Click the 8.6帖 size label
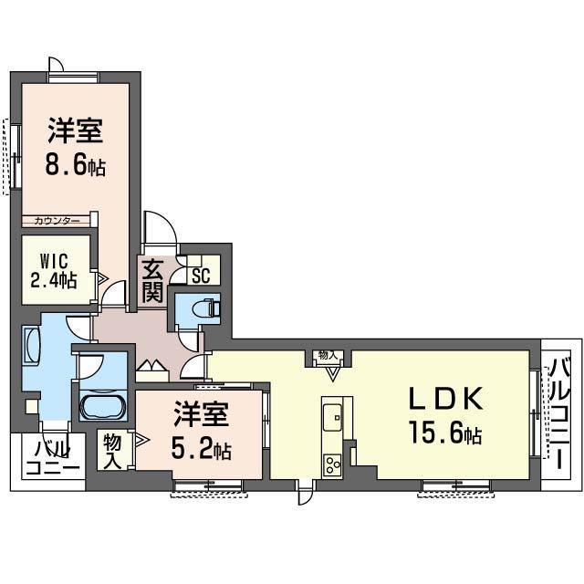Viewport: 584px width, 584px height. [75, 167]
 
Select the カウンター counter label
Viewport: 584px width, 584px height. [57, 221]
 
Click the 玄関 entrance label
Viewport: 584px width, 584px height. [151, 281]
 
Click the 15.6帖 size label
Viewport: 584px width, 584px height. [444, 433]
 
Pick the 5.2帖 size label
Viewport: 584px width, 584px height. [201, 449]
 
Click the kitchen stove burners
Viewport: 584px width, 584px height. [330, 461]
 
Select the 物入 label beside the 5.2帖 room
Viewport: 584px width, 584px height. [113, 450]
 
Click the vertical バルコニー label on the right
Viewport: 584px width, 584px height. [557, 415]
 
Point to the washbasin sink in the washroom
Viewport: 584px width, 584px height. [32, 347]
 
